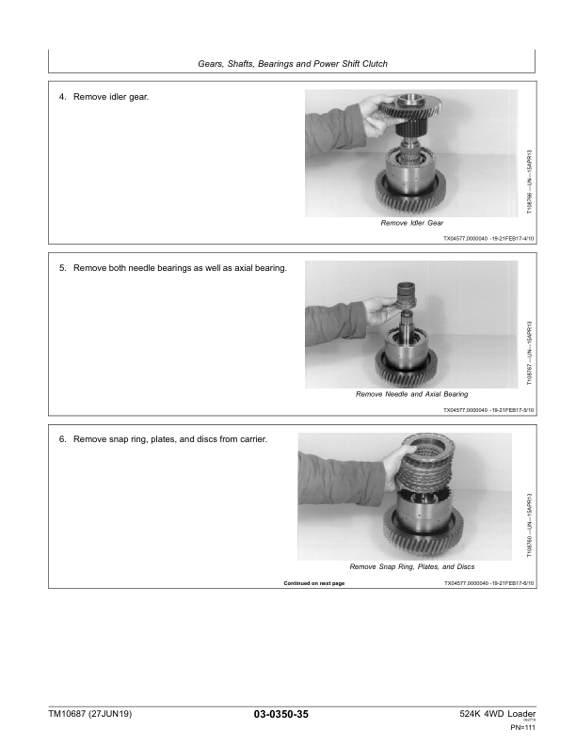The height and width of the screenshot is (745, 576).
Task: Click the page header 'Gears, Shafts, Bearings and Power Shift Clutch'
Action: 292,64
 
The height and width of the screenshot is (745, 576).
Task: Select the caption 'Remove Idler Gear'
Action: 411,224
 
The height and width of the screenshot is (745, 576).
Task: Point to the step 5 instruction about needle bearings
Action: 173,268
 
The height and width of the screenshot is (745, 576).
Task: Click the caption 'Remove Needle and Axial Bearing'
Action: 411,394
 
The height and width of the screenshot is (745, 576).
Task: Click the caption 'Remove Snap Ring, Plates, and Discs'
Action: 411,567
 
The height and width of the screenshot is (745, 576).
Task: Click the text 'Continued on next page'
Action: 314,584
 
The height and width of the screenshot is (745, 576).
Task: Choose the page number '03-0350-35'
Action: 280,716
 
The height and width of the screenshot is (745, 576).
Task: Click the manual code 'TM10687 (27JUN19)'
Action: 90,715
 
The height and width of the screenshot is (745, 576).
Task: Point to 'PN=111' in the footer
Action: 522,728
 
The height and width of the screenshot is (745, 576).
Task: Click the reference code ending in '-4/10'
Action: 488,240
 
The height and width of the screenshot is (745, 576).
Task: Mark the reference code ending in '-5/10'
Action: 488,410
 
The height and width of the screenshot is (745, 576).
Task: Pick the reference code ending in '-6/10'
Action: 488,584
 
